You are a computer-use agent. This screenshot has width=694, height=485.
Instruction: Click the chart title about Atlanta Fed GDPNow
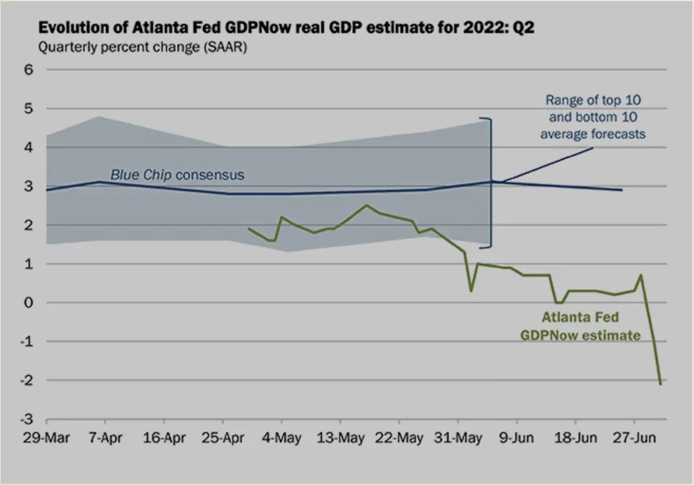coord(287,27)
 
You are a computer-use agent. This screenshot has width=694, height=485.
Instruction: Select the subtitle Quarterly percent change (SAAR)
coord(143,47)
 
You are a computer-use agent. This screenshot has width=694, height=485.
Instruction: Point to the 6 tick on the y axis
coord(29,70)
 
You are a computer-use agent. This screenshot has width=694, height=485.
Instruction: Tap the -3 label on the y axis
coord(27,419)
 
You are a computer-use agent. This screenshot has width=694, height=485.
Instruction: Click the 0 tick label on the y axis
coord(29,303)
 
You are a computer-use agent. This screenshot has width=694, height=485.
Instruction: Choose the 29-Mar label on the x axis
coord(47,438)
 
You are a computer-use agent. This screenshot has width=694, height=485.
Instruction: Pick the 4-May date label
coord(281,438)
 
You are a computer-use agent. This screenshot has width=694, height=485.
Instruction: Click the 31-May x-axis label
coord(458,438)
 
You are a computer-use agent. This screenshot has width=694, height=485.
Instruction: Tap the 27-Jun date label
coord(634,438)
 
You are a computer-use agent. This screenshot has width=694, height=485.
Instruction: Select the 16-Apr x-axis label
coord(164,438)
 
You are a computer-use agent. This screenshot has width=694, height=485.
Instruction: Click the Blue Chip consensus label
coord(177,175)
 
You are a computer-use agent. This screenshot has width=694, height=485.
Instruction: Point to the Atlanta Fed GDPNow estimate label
coord(580,326)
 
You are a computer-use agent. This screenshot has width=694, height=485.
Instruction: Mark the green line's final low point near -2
coord(660,384)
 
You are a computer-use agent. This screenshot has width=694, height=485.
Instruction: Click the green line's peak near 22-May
coord(366,205)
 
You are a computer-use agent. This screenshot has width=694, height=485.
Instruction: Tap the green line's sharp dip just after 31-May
coord(471,291)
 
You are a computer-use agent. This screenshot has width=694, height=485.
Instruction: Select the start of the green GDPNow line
coord(248,228)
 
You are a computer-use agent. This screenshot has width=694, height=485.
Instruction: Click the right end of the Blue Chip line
coord(622,190)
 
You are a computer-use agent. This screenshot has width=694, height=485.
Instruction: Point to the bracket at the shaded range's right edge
coord(490,183)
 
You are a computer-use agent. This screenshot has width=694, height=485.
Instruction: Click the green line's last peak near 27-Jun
coord(641,276)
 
